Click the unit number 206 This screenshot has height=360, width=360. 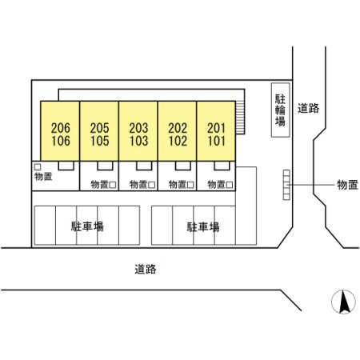click(x=61, y=128)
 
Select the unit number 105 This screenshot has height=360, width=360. click(x=100, y=141)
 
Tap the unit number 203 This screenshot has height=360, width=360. click(x=138, y=128)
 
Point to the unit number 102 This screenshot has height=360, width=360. click(x=178, y=141)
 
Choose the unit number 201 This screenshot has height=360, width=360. click(x=217, y=128)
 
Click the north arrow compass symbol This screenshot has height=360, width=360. click(x=343, y=302)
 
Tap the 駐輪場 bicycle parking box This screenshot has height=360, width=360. click(x=281, y=110)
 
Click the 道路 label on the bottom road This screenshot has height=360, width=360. click(x=146, y=269)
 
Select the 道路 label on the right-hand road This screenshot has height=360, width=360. click(x=308, y=108)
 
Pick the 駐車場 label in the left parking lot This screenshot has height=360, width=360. click(x=87, y=226)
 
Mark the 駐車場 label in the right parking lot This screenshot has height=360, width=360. click(x=203, y=227)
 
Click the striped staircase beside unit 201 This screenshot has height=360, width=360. click(x=240, y=118)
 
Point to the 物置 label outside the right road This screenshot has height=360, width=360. click(x=347, y=185)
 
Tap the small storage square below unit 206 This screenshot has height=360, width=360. click(x=38, y=167)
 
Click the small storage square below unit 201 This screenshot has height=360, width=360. click(x=230, y=185)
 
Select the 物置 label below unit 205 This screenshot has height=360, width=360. click(x=99, y=184)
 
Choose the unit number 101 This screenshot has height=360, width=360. click(x=217, y=141)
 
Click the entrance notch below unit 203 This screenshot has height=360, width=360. click(x=144, y=166)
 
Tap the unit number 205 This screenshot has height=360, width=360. click(x=100, y=128)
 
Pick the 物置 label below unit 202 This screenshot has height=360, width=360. click(x=178, y=184)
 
